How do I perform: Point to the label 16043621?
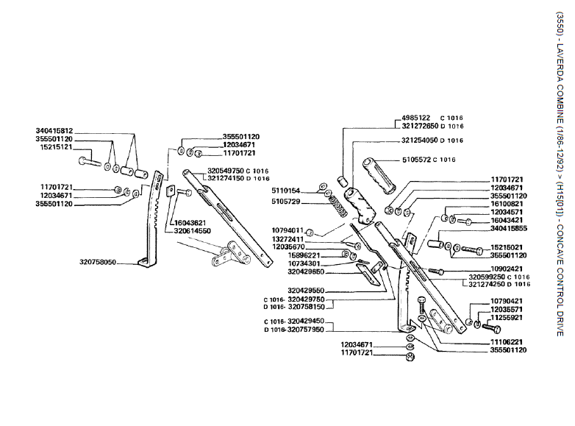point(190,222)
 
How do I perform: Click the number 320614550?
point(193,230)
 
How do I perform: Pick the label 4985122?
point(415,118)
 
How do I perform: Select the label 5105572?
point(415,160)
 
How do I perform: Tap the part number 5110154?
point(285,191)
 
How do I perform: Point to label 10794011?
point(287,230)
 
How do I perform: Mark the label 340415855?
point(507,228)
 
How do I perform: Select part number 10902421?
point(507,269)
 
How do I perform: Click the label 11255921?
point(507,318)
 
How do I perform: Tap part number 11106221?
point(507,342)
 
